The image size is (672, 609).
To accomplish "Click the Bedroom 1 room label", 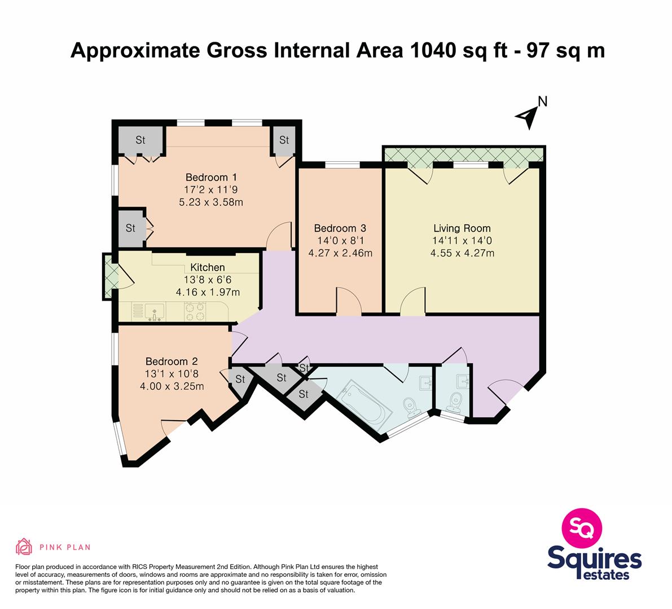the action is point(211,177).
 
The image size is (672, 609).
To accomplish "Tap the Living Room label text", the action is point(462,228).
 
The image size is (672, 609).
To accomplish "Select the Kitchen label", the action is point(208,267).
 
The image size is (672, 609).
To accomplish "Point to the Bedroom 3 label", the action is point(340,228).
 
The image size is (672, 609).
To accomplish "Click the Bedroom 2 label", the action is point(172,361).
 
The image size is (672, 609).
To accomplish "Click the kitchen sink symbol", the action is point(154,312).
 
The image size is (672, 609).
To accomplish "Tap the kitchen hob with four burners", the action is point(195,312).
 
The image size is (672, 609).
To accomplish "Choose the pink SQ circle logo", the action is point(582,528).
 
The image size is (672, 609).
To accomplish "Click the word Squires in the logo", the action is point(595,559).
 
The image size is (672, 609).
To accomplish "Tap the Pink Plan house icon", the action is point(24,546).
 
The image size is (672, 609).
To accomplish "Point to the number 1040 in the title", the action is point(432,50).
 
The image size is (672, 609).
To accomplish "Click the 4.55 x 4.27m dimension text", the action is point(462,253).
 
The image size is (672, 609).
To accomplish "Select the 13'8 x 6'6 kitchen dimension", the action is point(208,280).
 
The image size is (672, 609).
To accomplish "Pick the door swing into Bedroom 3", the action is point(349,301).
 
